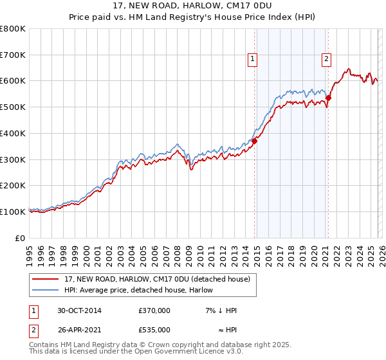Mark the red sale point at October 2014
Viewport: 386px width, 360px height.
255,141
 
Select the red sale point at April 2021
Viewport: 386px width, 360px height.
328,98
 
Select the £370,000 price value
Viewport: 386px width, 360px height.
154,310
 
